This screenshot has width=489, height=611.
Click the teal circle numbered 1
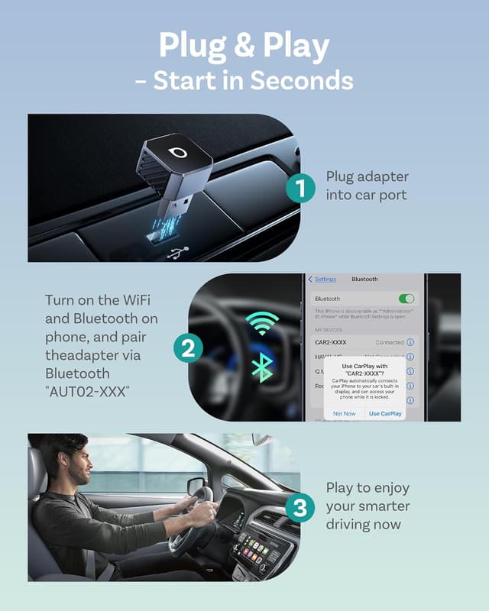(x=301, y=187)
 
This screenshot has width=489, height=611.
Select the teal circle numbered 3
(x=301, y=507)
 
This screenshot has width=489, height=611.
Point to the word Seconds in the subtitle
(x=304, y=80)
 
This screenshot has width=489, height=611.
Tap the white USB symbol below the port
(x=177, y=252)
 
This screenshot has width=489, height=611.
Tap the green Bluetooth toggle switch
(x=407, y=299)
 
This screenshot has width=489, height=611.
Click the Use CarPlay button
(x=385, y=413)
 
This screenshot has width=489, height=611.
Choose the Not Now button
(x=345, y=413)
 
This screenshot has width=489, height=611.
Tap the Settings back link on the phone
(x=325, y=280)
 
